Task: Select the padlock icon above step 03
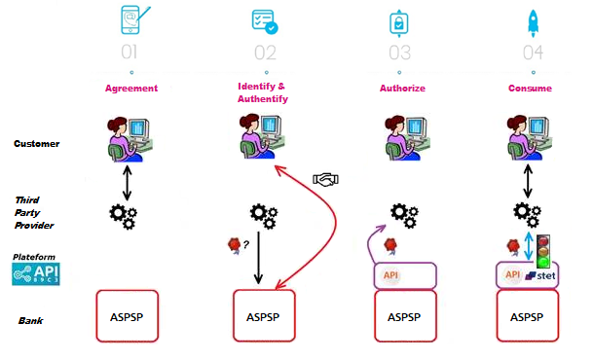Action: tap(396, 21)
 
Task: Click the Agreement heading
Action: tap(131, 89)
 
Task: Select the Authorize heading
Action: tap(402, 89)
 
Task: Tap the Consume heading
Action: tap(530, 89)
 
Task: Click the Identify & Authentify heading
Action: tap(263, 92)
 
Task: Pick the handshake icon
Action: tap(326, 180)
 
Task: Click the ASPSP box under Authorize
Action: tap(403, 316)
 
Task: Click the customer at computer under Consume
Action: tap(527, 136)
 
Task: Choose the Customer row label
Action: tap(36, 144)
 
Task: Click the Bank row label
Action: tap(30, 320)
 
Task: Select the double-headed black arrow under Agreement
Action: tap(126, 181)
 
